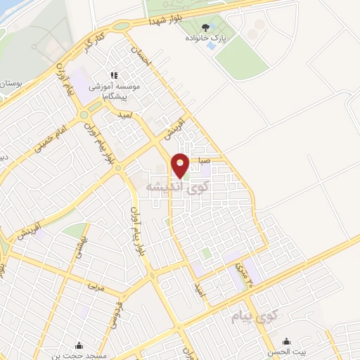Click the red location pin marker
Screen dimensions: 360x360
click(x=181, y=165)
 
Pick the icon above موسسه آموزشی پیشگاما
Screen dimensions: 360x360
click(x=112, y=75)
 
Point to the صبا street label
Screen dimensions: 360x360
click(x=204, y=160)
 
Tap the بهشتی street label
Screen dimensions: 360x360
click(x=79, y=246)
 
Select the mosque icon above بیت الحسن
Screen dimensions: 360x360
click(x=270, y=342)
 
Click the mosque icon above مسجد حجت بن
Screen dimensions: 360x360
click(x=78, y=345)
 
